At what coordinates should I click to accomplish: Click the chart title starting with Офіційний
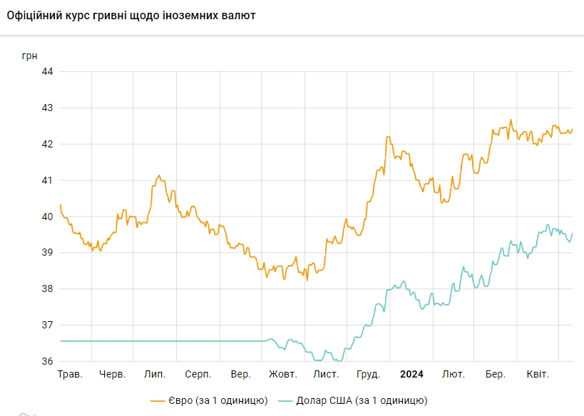click(x=131, y=15)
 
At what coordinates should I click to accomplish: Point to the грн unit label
click(x=30, y=54)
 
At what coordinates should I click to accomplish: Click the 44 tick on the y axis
click(x=48, y=71)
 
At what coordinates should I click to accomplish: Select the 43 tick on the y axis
click(x=48, y=108)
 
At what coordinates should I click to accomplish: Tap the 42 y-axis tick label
click(x=48, y=144)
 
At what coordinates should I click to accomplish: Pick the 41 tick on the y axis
click(x=48, y=180)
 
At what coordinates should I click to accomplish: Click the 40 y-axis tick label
click(x=48, y=217)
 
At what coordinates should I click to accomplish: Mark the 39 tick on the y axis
click(x=48, y=253)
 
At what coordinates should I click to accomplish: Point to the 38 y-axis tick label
click(x=48, y=289)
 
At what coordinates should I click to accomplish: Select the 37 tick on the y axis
click(x=48, y=326)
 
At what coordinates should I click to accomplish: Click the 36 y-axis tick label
click(x=48, y=362)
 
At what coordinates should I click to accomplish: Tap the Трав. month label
click(x=70, y=374)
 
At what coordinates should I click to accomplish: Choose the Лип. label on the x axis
click(x=155, y=374)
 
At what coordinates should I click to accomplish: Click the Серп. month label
click(x=198, y=374)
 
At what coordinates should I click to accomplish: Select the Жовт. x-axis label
click(x=283, y=374)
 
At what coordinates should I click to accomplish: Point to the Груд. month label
click(x=369, y=374)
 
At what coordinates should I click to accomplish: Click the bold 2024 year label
click(x=411, y=374)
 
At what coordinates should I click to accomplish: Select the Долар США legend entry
click(x=354, y=401)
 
